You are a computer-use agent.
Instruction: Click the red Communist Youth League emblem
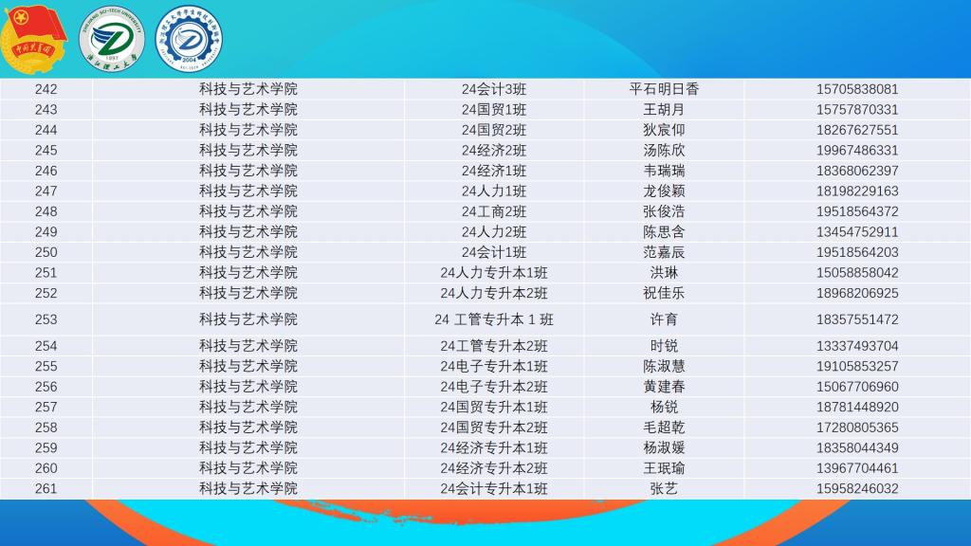click(x=33, y=39)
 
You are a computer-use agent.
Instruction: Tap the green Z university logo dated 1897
click(x=112, y=39)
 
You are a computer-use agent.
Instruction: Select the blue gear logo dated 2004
click(x=189, y=39)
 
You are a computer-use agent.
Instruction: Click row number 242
click(x=46, y=89)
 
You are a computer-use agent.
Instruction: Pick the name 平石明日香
click(x=664, y=89)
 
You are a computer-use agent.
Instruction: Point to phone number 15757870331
click(x=857, y=110)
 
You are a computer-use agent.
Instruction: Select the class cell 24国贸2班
click(x=493, y=130)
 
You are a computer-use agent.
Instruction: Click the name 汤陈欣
click(x=664, y=151)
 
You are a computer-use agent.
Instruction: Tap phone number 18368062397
click(x=857, y=171)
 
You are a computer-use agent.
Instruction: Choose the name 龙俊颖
click(x=664, y=191)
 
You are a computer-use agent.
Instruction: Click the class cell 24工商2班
click(x=493, y=211)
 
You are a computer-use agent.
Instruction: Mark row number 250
click(x=46, y=252)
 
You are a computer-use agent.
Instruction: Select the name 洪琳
click(x=664, y=273)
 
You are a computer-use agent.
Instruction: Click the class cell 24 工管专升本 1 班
click(x=493, y=319)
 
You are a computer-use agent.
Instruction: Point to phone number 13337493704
click(x=857, y=346)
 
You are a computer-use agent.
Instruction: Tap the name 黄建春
click(x=664, y=387)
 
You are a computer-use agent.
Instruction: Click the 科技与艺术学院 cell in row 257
click(x=247, y=408)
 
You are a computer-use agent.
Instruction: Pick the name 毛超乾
click(x=664, y=428)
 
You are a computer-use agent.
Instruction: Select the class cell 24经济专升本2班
click(x=493, y=468)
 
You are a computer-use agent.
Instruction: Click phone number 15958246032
click(x=857, y=489)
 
